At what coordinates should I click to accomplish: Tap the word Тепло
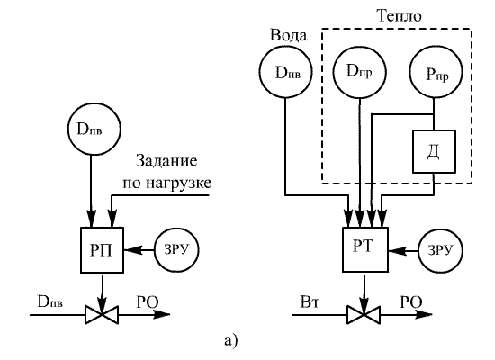click(x=400, y=16)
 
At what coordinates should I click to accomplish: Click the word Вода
click(x=288, y=35)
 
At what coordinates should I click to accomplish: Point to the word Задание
click(x=166, y=161)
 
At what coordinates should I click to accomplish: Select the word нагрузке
click(x=179, y=183)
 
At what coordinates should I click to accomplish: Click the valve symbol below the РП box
click(x=102, y=314)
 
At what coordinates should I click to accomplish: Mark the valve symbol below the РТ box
click(x=364, y=314)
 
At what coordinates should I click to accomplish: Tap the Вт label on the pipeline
click(x=310, y=302)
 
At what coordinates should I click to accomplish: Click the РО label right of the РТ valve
click(x=411, y=302)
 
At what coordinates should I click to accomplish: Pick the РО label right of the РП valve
click(x=148, y=302)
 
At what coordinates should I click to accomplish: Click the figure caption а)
click(x=231, y=341)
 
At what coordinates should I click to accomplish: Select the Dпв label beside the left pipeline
click(x=50, y=302)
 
